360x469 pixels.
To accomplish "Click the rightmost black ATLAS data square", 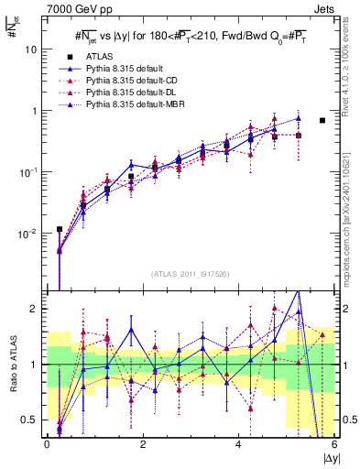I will tap(322, 120).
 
